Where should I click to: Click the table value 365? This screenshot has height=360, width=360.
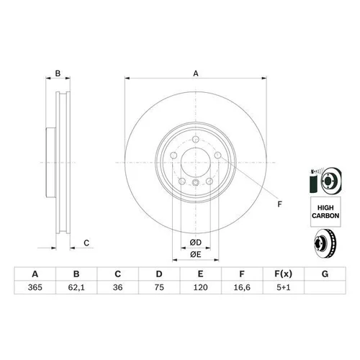click(x=35, y=287)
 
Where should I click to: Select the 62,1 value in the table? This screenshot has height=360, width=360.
click(x=76, y=287)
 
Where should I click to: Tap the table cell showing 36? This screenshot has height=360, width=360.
click(x=117, y=287)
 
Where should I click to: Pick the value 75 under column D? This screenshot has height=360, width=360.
click(x=159, y=287)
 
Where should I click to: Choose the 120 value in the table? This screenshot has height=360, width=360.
click(x=200, y=287)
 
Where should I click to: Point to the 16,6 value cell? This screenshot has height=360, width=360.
click(x=242, y=287)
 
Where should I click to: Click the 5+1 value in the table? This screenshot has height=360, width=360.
click(x=284, y=287)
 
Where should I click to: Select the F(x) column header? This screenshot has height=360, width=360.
click(x=284, y=274)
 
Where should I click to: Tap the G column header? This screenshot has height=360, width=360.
click(x=325, y=274)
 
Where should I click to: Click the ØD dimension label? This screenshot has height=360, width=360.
click(x=196, y=243)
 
